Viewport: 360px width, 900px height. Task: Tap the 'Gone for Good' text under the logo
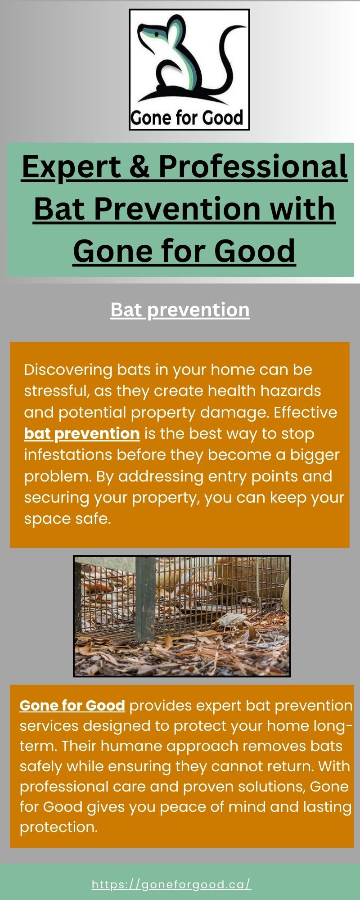click(x=187, y=118)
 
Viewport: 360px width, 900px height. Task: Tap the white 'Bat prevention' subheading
click(x=180, y=310)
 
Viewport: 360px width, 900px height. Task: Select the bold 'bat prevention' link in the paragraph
click(x=82, y=434)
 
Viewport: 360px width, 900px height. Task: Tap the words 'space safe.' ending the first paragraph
click(x=67, y=519)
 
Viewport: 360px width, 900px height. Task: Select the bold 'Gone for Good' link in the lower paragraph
click(x=72, y=706)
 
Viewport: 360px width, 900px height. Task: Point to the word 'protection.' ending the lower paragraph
click(x=58, y=827)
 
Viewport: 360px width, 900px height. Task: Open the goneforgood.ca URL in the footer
click(x=171, y=885)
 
